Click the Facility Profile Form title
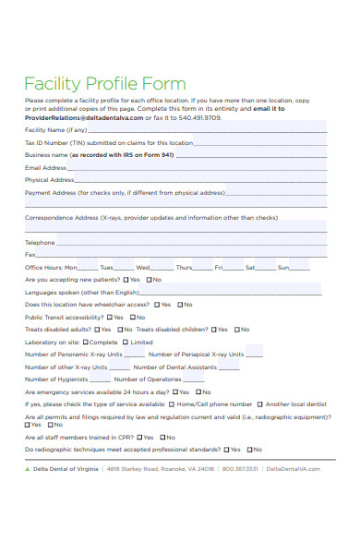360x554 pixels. pos(104,83)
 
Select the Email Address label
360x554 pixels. pos(45,168)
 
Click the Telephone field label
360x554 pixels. pos(40,242)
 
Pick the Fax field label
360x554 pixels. pos(30,254)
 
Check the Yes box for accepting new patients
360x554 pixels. pos(124,280)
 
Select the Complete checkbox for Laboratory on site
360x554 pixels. pos(85,342)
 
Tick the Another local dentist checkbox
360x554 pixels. pos(260,403)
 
